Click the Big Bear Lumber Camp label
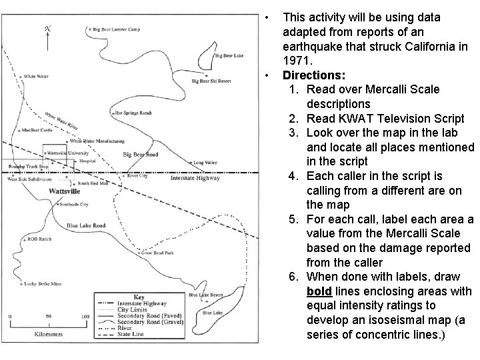(118, 29)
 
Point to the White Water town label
(36, 77)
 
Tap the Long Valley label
(205, 161)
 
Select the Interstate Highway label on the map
(195, 178)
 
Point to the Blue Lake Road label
(86, 225)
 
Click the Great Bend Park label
(157, 253)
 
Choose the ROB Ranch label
(39, 238)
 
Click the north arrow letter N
(47, 29)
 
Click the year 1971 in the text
(295, 61)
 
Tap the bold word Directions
(314, 75)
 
